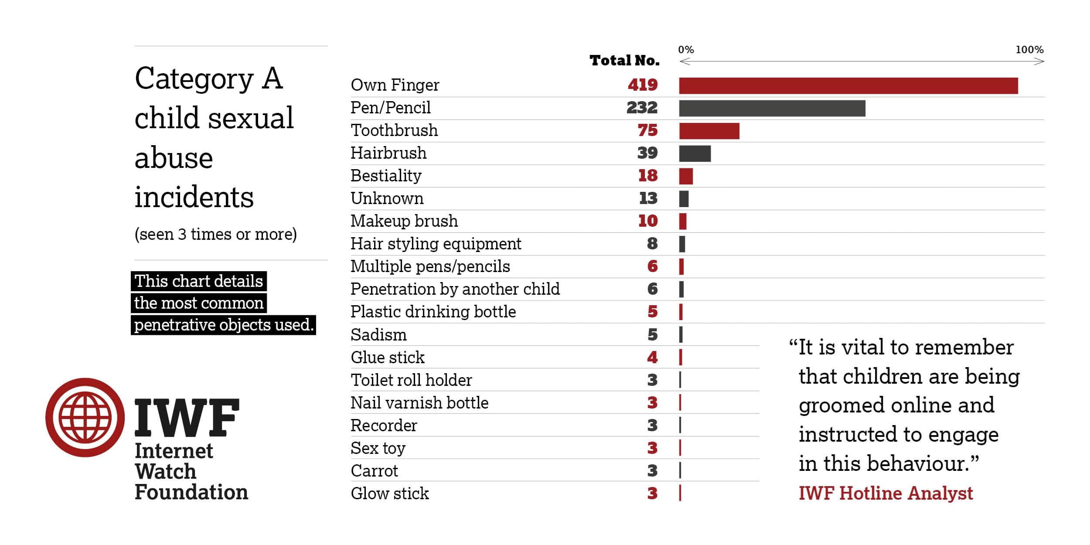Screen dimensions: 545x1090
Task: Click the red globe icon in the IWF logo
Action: coord(85,417)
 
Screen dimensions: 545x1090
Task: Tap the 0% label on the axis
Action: coord(686,50)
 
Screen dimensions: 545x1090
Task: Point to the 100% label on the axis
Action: coord(1029,50)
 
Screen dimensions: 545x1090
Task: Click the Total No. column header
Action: coord(624,61)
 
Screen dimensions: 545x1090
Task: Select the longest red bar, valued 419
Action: coord(848,86)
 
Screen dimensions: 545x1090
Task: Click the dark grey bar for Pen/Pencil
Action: coord(772,108)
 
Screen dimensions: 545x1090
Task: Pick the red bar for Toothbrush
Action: coord(709,131)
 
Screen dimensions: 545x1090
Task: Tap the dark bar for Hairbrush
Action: coord(695,153)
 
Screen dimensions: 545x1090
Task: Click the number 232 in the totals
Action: coord(642,108)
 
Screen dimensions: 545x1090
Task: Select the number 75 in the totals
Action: coord(647,130)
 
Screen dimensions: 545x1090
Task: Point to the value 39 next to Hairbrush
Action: coord(647,153)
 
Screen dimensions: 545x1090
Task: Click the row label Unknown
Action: coord(387,198)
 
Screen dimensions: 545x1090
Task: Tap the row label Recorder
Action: coord(384,426)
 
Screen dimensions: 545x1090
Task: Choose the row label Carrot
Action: coord(374,471)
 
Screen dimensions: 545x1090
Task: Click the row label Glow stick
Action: coord(390,494)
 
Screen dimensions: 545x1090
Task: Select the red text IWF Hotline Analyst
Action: coord(886,493)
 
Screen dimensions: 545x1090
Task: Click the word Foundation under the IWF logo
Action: coord(191,492)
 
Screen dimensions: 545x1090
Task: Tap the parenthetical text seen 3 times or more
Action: coord(215,235)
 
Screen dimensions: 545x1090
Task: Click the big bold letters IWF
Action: coord(187,418)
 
